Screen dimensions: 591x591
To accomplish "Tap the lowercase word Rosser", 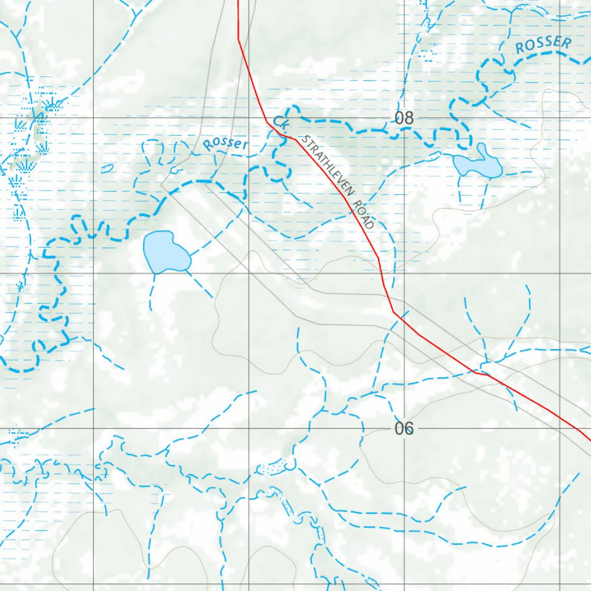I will (x=225, y=144).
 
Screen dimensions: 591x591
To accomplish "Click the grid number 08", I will (x=405, y=119).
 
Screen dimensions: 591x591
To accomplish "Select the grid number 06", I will (x=405, y=429).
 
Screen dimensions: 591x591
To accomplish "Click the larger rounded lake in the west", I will (x=165, y=252).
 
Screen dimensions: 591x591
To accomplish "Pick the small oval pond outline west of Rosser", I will (x=107, y=169).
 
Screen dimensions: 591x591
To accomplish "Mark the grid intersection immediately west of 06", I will (x=249, y=429).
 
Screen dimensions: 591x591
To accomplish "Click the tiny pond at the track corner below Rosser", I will (x=175, y=171).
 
